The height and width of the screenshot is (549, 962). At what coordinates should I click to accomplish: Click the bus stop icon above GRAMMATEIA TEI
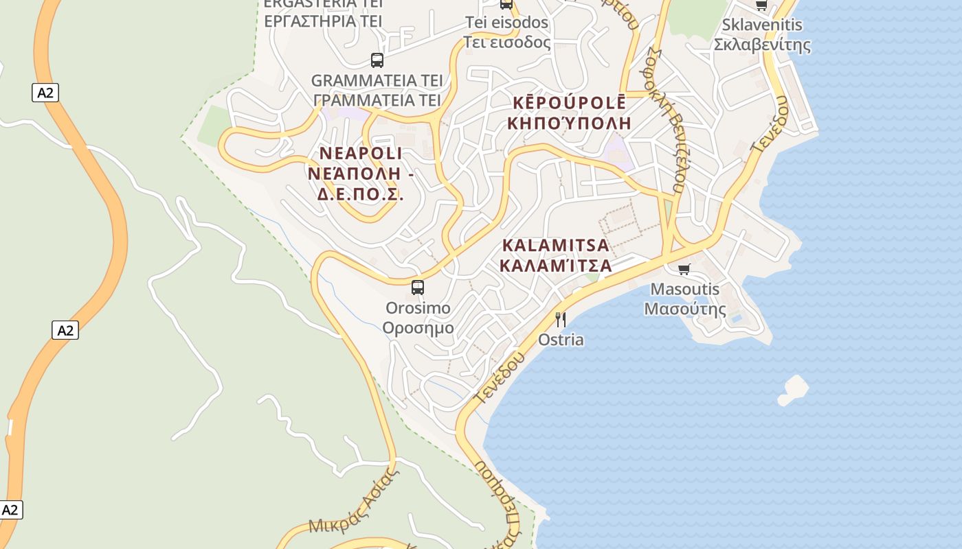tap(377, 60)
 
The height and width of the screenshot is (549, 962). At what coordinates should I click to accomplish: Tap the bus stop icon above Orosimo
tap(418, 288)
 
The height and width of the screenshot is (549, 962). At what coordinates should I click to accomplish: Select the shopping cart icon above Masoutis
tap(684, 269)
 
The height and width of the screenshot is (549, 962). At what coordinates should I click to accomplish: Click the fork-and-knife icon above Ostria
tap(561, 319)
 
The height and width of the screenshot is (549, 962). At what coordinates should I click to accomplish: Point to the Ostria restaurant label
tap(561, 340)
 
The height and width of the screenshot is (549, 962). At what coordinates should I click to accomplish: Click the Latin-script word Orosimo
tap(418, 308)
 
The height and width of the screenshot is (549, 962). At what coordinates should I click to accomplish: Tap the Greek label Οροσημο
tap(418, 327)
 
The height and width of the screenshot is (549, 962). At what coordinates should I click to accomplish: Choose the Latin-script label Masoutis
tap(685, 289)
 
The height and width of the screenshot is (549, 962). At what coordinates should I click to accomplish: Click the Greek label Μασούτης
tap(685, 309)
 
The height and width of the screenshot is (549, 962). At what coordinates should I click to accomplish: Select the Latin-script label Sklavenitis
tap(762, 25)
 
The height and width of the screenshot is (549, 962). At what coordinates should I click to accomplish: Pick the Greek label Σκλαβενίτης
tap(762, 45)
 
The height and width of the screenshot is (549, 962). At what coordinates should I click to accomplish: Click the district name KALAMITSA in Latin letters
tap(556, 245)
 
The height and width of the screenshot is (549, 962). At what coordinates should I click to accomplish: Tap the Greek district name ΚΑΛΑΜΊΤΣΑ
tap(556, 265)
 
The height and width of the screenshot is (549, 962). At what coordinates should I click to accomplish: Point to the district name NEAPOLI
tap(361, 153)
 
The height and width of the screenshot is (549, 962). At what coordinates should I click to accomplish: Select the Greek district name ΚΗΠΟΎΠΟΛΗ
tap(569, 124)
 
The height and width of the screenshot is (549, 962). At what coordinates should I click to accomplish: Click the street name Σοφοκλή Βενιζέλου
tap(671, 120)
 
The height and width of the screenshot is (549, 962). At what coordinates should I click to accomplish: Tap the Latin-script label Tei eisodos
tap(507, 23)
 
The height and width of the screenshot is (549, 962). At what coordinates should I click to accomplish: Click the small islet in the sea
tap(794, 389)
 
